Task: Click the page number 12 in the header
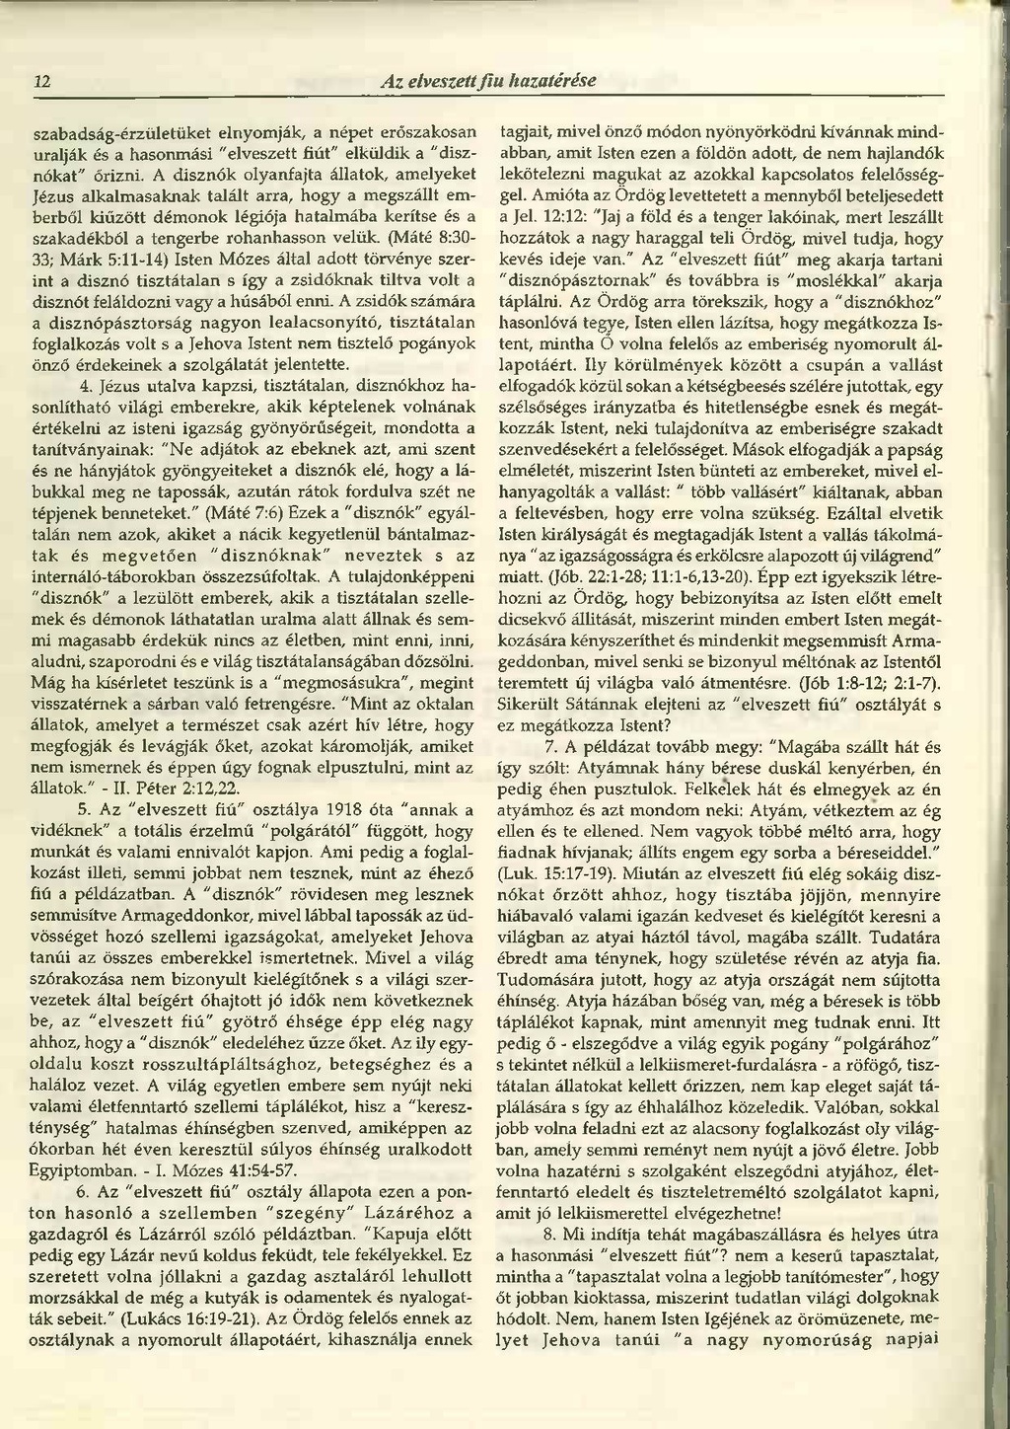click(41, 81)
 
